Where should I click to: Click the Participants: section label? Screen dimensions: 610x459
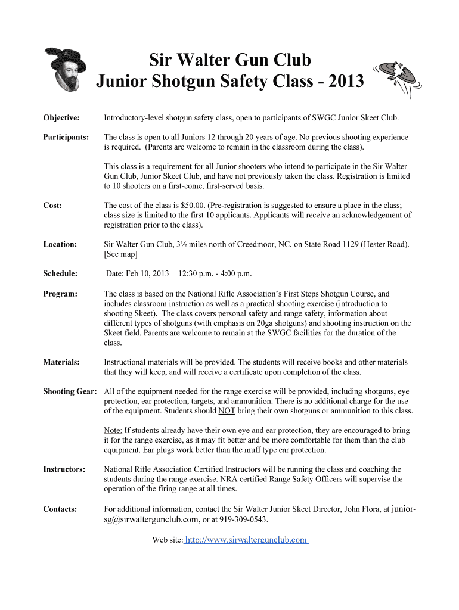coord(66,137)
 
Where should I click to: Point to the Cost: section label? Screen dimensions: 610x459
coord(53,206)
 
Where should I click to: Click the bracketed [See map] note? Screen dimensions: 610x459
coord(121,254)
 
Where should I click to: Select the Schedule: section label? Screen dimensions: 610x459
coord(61,273)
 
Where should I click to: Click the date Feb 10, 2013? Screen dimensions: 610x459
coord(138,273)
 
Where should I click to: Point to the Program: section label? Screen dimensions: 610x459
coord(60,294)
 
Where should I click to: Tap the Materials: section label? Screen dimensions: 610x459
coord(62,362)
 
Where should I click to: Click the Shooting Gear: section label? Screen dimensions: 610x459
coord(70,391)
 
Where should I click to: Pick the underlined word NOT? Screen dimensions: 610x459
coord(227,411)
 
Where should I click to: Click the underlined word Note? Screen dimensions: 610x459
coord(113,430)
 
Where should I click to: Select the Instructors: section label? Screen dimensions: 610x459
coord(64,469)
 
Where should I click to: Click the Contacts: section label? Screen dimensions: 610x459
coord(60,509)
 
